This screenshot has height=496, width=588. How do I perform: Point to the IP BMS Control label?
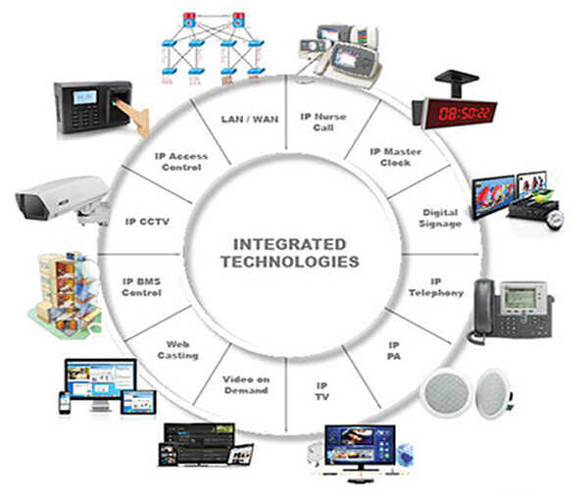click(x=141, y=286)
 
